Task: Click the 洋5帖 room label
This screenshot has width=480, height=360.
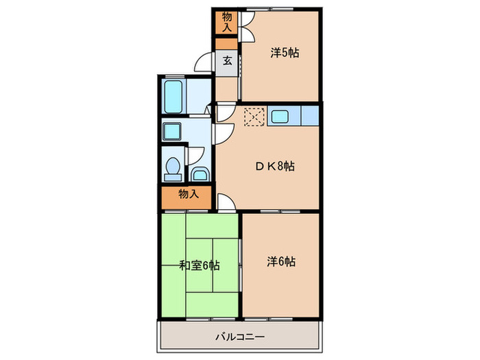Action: pyautogui.click(x=284, y=53)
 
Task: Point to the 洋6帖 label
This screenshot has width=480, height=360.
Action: pyautogui.click(x=281, y=261)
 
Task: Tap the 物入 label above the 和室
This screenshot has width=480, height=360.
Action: pyautogui.click(x=188, y=194)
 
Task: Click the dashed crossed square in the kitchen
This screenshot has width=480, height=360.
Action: pyautogui.click(x=254, y=117)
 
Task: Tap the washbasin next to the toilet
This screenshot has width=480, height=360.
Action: pyautogui.click(x=200, y=172)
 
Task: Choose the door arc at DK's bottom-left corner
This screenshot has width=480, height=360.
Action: pyautogui.click(x=225, y=201)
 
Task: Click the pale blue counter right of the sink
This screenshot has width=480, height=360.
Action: pyautogui.click(x=309, y=116)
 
